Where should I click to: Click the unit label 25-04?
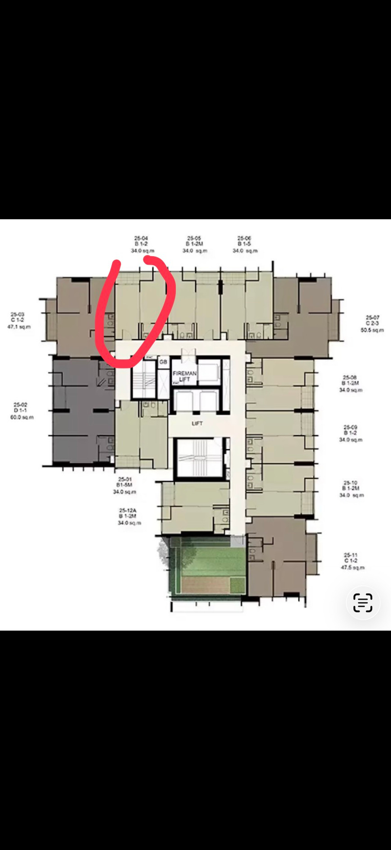tap(141, 238)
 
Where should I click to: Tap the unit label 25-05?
tap(194, 238)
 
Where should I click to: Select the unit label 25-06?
tap(244, 238)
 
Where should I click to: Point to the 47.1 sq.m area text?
tap(19, 327)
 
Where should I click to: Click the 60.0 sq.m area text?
tap(22, 417)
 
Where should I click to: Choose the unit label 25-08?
tap(350, 377)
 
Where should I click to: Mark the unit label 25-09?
tap(351, 427)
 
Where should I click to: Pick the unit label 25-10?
tap(351, 483)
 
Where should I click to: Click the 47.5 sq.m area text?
tap(353, 568)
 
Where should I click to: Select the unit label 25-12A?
tap(128, 510)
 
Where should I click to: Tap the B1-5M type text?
tap(124, 485)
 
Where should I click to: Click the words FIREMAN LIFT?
tap(185, 376)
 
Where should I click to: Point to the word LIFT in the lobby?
tap(197, 423)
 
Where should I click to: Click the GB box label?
tap(163, 362)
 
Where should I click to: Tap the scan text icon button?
tap(363, 603)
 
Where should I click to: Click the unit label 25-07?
tap(372, 318)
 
